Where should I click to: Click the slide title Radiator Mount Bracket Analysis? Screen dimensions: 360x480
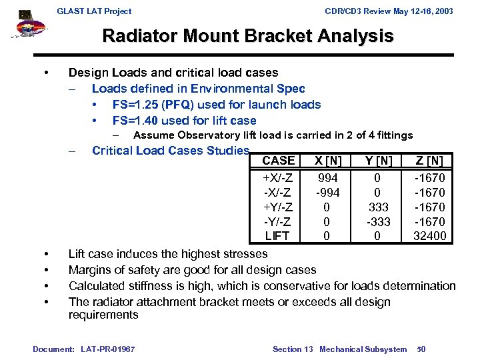(x=248, y=36)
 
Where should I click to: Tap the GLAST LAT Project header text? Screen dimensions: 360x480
(x=94, y=11)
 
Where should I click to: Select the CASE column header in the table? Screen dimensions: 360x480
(x=278, y=161)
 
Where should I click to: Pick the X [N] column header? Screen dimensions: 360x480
(x=327, y=161)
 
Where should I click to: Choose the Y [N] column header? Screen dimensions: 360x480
(x=378, y=161)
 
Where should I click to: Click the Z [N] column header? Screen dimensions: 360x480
(x=429, y=161)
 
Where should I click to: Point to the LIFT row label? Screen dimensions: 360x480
(x=277, y=236)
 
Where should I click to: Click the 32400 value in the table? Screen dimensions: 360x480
(x=429, y=236)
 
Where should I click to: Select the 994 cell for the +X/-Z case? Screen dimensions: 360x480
(x=327, y=178)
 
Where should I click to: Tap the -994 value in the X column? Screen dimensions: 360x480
(x=327, y=193)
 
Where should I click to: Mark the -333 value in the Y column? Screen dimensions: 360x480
(x=378, y=221)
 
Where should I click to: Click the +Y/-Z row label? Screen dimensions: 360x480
(x=277, y=207)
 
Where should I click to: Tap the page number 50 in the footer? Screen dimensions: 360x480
(x=421, y=349)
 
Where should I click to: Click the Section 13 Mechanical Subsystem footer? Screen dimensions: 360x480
(x=339, y=349)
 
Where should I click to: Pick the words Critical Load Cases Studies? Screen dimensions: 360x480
(x=171, y=151)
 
